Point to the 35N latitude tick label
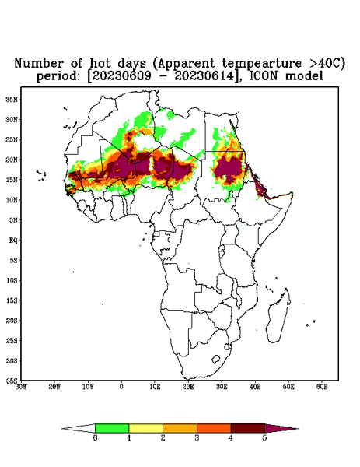(12, 99)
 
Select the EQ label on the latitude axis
(13, 240)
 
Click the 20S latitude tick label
(12, 321)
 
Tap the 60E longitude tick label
(322, 387)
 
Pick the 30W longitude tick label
(21, 387)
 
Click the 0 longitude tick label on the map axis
(121, 387)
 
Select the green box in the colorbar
(112, 428)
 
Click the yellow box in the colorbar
(145, 428)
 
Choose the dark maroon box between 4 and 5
(248, 428)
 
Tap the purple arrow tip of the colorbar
(298, 429)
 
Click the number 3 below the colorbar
(197, 438)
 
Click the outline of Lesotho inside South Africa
(215, 359)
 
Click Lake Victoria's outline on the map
(221, 248)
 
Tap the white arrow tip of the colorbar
(62, 429)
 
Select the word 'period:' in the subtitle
(58, 76)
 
